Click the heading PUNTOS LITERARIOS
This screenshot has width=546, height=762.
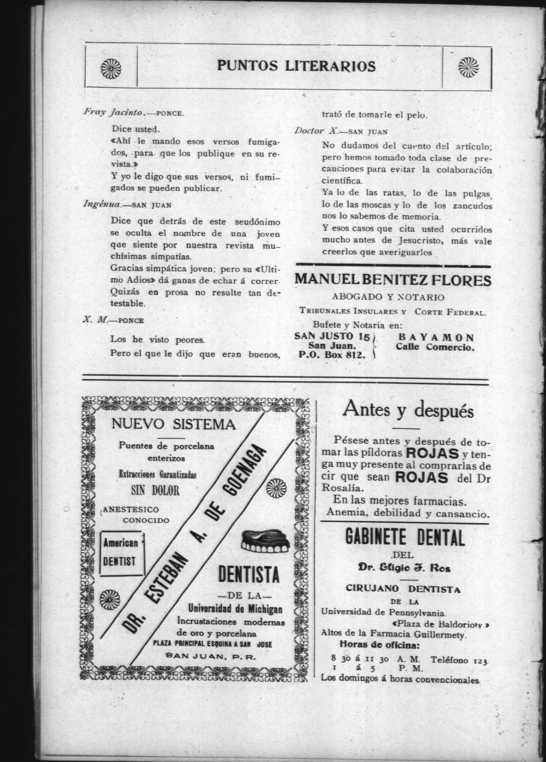(296, 66)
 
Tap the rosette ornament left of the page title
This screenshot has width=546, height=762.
(108, 67)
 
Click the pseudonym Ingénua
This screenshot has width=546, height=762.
(99, 204)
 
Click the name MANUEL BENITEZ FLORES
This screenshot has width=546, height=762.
(392, 280)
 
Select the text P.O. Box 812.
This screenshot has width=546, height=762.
(332, 355)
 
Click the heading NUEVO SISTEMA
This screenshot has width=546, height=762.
(174, 424)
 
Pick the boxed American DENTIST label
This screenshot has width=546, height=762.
(121, 553)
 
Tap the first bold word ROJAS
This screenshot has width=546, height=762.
(432, 453)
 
